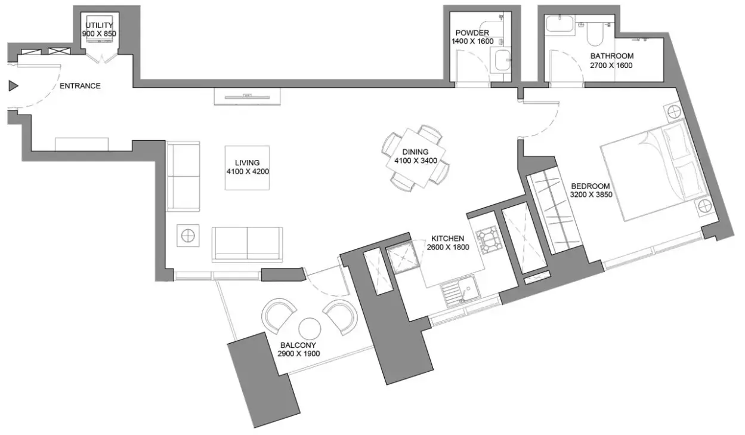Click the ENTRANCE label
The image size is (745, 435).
pos(80,86)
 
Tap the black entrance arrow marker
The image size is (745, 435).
pos(13,86)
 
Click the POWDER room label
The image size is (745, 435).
pos(472,33)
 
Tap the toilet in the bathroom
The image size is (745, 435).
pos(595,34)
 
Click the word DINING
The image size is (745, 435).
pos(415,152)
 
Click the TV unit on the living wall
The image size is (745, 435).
pos(247,97)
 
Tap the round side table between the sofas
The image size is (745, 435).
pos(188,236)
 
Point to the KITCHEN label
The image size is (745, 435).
pos(448,239)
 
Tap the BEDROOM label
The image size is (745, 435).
pos(591,186)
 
